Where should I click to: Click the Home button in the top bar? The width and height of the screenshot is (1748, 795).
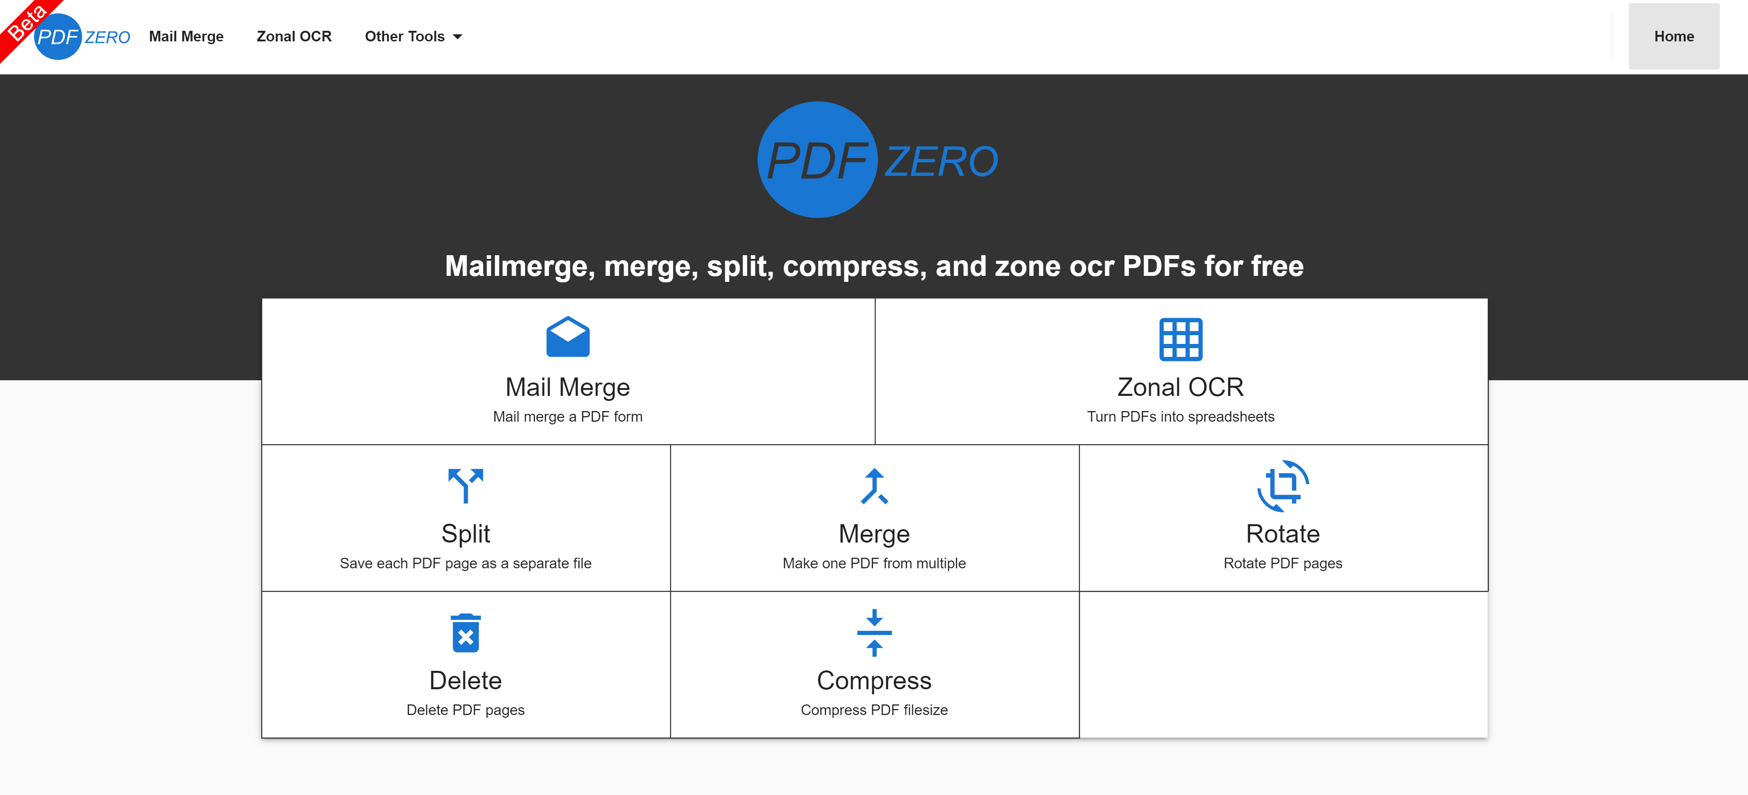[x=1673, y=37]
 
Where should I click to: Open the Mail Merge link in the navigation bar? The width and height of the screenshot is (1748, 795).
[x=186, y=37]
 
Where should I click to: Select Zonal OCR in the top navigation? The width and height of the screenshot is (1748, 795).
[x=294, y=37]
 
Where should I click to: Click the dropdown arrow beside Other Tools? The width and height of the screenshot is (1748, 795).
[x=458, y=37]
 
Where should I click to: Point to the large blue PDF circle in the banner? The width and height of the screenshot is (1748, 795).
[x=818, y=160]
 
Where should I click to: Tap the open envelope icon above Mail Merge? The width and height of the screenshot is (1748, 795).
[x=568, y=337]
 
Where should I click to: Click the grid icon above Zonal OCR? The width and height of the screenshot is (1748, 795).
[x=1181, y=339]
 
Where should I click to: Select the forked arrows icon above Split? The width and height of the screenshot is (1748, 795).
[x=465, y=486]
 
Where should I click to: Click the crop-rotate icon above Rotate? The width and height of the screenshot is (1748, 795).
[x=1283, y=486]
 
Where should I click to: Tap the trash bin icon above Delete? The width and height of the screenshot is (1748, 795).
[x=465, y=633]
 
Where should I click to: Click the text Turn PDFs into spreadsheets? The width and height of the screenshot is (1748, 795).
[x=1181, y=417]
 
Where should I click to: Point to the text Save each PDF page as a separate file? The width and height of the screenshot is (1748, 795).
[x=465, y=563]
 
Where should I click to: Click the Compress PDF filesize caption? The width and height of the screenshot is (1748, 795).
[x=874, y=709]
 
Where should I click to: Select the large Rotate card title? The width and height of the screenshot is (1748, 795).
[x=1283, y=534]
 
